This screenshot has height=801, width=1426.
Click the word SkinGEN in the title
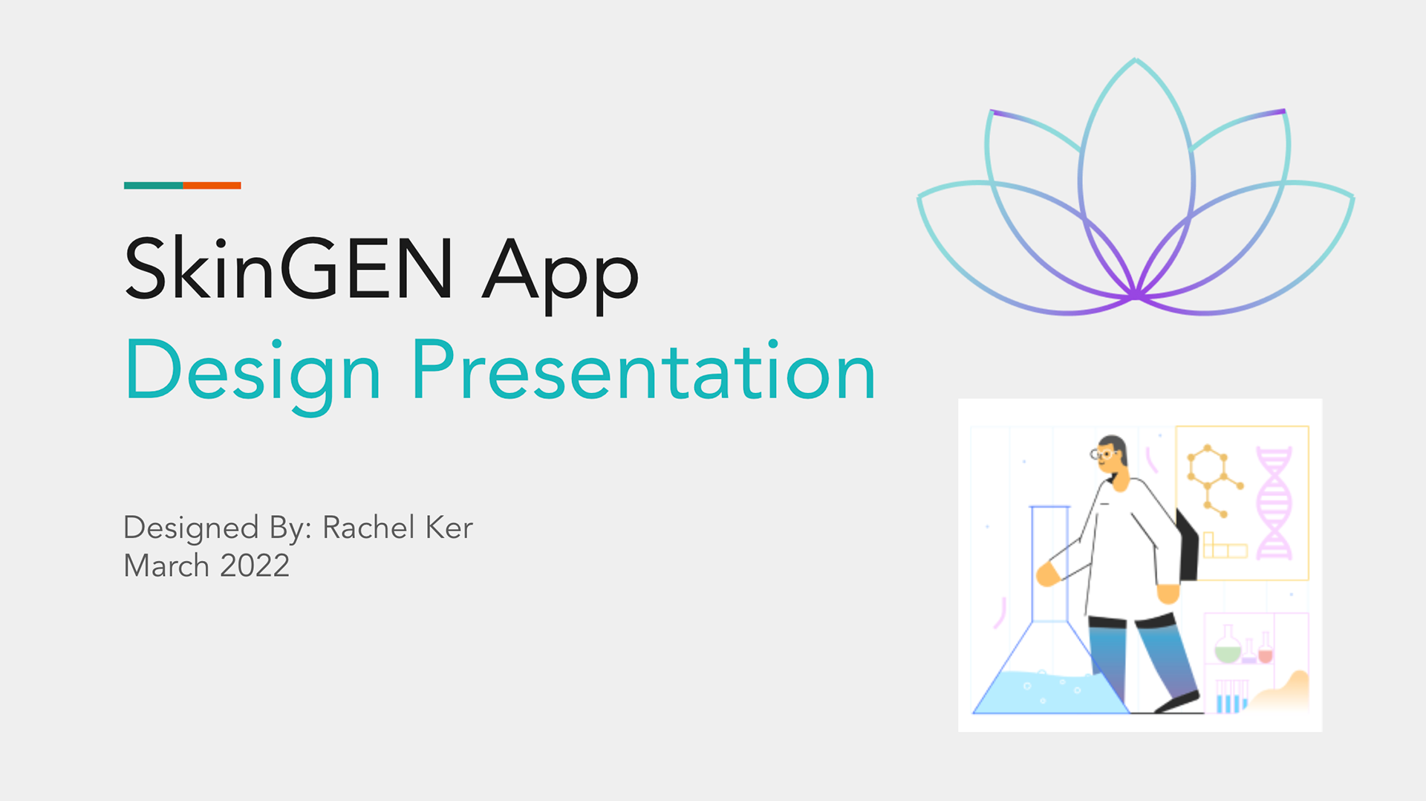[289, 268]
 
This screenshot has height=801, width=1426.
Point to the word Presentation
[644, 371]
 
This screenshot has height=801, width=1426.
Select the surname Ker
[449, 528]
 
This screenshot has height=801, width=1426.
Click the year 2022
[255, 566]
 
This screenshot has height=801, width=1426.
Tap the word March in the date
[166, 566]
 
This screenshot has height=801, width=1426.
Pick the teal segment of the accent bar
[153, 186]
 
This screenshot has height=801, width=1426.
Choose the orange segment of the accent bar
[212, 186]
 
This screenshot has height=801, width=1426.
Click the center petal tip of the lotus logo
[1136, 59]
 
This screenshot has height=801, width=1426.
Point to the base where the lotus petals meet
[1136, 296]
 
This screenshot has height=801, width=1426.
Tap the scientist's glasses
[1102, 453]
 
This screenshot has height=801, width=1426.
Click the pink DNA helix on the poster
[1274, 502]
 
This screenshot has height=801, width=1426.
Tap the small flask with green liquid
[1228, 645]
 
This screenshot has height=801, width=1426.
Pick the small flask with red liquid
[1266, 648]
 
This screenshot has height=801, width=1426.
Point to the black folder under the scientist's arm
[1187, 545]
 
